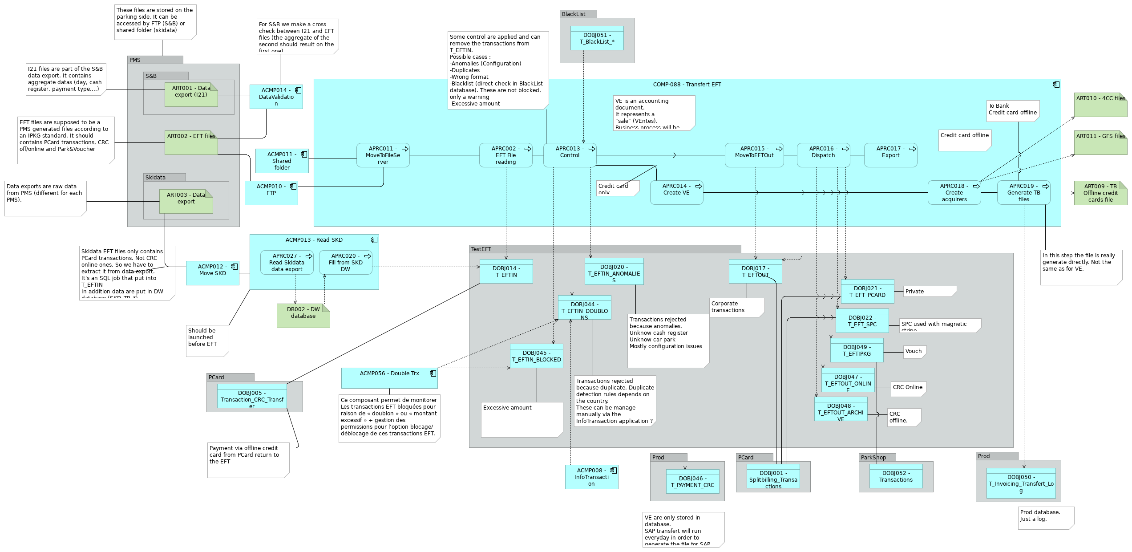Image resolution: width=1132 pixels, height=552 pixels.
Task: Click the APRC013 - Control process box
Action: [570, 155]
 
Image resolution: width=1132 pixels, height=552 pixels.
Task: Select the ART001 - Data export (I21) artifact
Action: [191, 94]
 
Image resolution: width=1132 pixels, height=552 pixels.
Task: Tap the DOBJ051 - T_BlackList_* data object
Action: [597, 38]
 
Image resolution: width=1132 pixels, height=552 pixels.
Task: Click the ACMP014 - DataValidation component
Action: [276, 97]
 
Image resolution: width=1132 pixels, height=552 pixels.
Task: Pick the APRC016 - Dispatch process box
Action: [823, 155]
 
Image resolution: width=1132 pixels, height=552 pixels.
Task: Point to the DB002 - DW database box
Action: [303, 316]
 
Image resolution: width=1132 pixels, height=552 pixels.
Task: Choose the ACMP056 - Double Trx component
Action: [389, 377]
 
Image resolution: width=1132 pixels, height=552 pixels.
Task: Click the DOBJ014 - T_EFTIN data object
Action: [506, 271]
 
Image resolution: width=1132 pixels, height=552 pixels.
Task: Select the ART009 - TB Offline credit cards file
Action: [1100, 193]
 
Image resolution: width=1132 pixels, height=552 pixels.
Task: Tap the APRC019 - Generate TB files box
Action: [1023, 192]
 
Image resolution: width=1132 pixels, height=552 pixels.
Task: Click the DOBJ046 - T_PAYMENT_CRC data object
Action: [692, 482]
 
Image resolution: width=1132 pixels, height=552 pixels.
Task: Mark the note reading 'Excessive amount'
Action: [522, 419]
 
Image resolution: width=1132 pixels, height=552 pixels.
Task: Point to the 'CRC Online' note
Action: [908, 389]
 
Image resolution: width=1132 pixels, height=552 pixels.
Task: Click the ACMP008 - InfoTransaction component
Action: [591, 477]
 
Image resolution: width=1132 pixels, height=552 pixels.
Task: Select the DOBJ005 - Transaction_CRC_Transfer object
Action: [251, 396]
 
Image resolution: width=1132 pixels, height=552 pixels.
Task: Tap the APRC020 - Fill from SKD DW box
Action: [345, 262]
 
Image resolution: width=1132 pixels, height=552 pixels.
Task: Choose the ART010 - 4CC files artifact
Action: [1100, 105]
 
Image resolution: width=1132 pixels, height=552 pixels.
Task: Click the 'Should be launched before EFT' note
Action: [206, 341]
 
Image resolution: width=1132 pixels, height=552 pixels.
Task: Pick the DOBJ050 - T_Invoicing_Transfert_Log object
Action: [1020, 483]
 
